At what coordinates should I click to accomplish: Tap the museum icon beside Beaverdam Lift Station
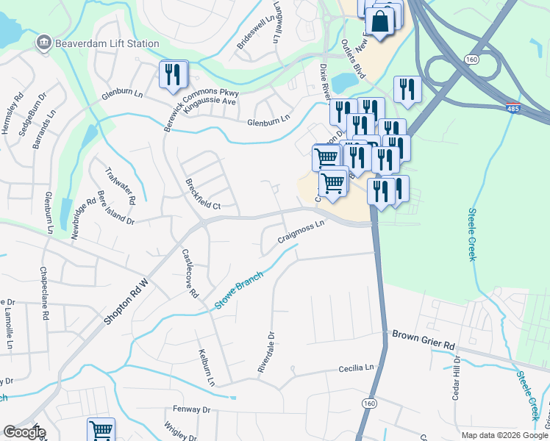point(44,43)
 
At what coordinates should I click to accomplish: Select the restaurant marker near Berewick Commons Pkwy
point(174,75)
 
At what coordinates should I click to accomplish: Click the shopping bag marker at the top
point(381,22)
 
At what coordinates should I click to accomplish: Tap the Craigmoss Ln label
point(301,232)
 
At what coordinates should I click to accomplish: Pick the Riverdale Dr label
point(266,352)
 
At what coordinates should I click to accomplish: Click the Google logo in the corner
point(24,432)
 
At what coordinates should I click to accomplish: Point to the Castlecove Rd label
point(190,273)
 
